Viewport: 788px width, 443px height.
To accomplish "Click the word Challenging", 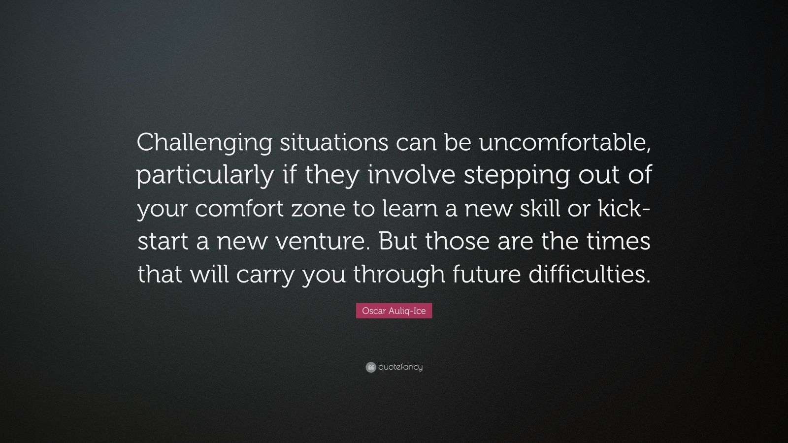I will [204, 143].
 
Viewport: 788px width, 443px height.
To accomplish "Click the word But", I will [397, 242].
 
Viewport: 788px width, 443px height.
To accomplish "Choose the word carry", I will [265, 274].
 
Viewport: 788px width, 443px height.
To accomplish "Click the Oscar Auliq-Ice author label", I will [394, 311].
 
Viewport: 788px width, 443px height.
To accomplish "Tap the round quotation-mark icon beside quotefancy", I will [371, 367].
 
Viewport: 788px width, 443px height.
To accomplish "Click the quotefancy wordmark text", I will [400, 367].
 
